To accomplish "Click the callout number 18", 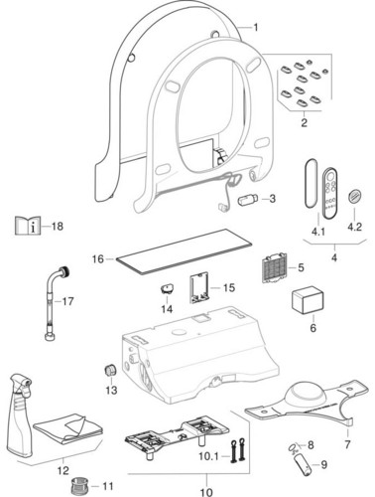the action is (x=58, y=227).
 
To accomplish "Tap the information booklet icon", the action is (x=28, y=226).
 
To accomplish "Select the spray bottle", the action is (x=21, y=415).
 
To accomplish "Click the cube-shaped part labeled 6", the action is (x=308, y=300).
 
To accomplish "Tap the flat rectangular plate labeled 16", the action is (x=183, y=250).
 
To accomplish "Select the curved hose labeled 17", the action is (x=58, y=302).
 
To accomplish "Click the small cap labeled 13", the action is (x=110, y=370).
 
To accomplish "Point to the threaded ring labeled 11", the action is (x=80, y=486).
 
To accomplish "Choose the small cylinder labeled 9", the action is (x=304, y=464).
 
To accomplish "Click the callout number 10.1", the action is (x=208, y=456).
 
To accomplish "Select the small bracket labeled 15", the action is (x=198, y=287).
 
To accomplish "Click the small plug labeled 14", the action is (x=168, y=289).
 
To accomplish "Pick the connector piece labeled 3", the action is (x=247, y=200).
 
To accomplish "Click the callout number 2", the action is (x=304, y=122).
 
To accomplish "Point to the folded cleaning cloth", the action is (x=67, y=428).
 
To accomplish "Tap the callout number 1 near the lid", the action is (x=255, y=27).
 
